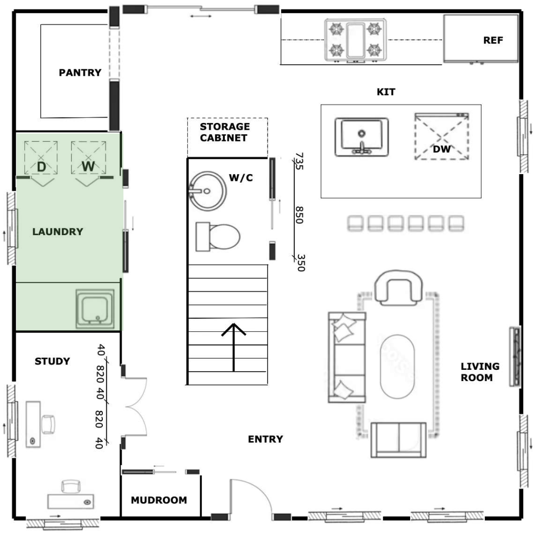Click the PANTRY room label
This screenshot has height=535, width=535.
click(80, 73)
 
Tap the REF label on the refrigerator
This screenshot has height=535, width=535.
click(493, 40)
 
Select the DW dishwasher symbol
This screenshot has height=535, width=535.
click(442, 136)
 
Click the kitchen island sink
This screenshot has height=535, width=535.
click(362, 137)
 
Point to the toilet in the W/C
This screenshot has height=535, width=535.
click(218, 237)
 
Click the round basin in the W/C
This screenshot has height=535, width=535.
click(207, 191)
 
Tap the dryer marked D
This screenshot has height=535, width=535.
click(41, 158)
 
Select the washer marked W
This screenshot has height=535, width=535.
click(88, 158)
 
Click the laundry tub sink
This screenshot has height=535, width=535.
click(95, 309)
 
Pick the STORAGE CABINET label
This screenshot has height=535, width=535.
click(224, 132)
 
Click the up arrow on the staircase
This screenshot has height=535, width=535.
click(234, 347)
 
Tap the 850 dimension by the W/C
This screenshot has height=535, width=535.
click(299, 215)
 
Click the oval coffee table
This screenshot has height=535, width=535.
click(397, 366)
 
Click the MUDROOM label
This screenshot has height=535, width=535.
click(159, 500)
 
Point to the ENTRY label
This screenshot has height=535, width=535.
click(265, 439)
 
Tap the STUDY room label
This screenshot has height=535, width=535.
click(52, 361)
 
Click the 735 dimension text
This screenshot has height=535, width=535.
click(299, 161)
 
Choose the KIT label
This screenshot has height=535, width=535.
click(386, 92)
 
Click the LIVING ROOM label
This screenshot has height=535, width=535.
click(480, 372)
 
